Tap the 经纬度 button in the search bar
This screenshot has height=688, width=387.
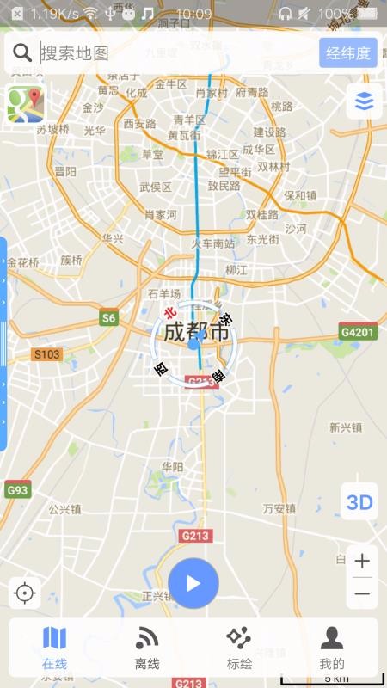point(348,53)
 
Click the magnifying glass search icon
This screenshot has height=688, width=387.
point(22,53)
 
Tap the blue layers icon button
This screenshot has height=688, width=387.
point(364,101)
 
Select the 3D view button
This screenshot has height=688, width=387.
point(359,502)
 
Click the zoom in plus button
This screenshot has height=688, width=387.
point(362,562)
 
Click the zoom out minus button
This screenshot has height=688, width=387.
point(362,593)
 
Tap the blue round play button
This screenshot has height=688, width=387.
point(193,583)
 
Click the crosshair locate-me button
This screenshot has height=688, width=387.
point(25,593)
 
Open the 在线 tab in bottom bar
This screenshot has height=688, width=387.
point(54,648)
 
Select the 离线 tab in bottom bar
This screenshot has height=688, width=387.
point(147,648)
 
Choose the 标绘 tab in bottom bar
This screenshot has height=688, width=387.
point(239,648)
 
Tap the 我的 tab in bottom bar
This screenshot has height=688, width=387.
point(332,648)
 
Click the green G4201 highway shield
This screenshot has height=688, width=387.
point(358,332)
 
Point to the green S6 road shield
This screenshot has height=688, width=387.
point(108,318)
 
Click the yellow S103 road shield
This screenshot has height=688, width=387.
point(48,354)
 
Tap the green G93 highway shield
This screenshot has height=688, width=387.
point(17,490)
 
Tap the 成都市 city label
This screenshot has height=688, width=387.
point(197,331)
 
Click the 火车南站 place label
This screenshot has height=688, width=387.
point(212,243)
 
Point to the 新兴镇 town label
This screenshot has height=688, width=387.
point(346,427)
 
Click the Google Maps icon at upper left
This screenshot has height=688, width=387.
point(26,104)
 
